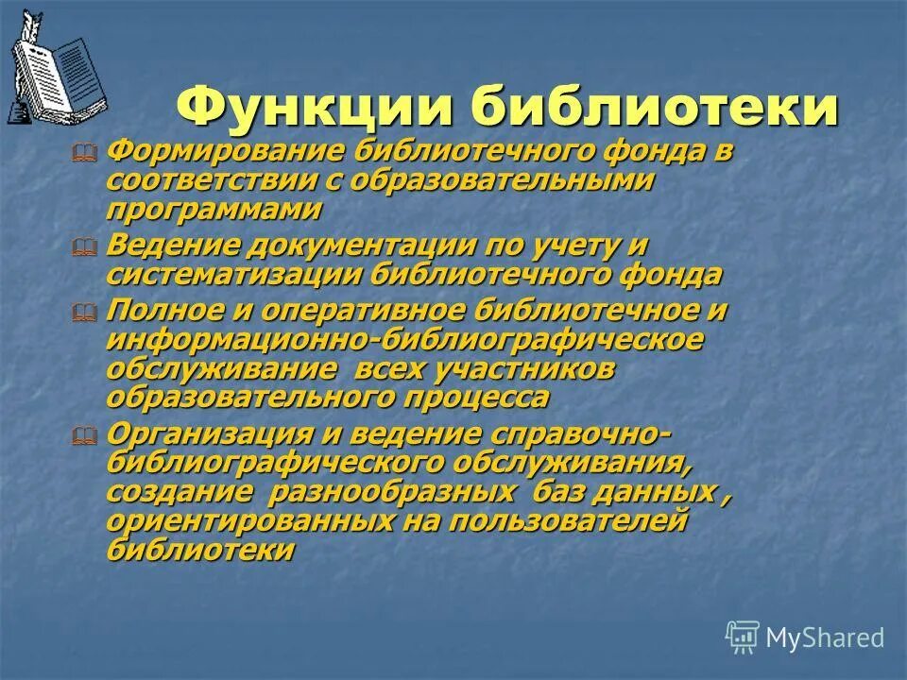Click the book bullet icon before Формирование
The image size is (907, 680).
84,152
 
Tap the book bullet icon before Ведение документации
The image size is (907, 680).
84,247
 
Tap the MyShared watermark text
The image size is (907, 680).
824,637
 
